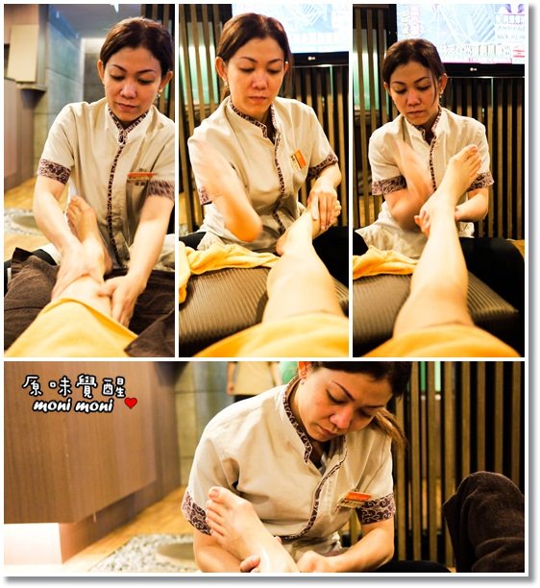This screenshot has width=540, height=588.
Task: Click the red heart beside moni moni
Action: pyautogui.click(x=131, y=404)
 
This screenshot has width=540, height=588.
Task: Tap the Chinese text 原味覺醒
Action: pyautogui.click(x=74, y=386)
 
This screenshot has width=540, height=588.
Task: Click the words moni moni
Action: pyautogui.click(x=73, y=405)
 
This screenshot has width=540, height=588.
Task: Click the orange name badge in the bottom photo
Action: pyautogui.click(x=354, y=499)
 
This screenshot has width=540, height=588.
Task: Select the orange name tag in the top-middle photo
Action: pyautogui.click(x=299, y=159)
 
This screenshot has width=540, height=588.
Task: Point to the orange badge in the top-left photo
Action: pyautogui.click(x=141, y=175)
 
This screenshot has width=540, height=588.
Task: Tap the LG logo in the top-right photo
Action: pyautogui.click(x=474, y=68)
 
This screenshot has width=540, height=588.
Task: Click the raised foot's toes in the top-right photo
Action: pyautogui.click(x=470, y=155)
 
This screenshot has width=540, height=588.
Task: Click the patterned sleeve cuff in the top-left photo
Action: pyautogui.click(x=54, y=171)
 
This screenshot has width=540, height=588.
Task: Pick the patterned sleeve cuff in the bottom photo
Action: pyautogui.click(x=375, y=508)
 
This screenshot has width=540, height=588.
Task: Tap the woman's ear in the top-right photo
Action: pyautogui.click(x=444, y=83)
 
